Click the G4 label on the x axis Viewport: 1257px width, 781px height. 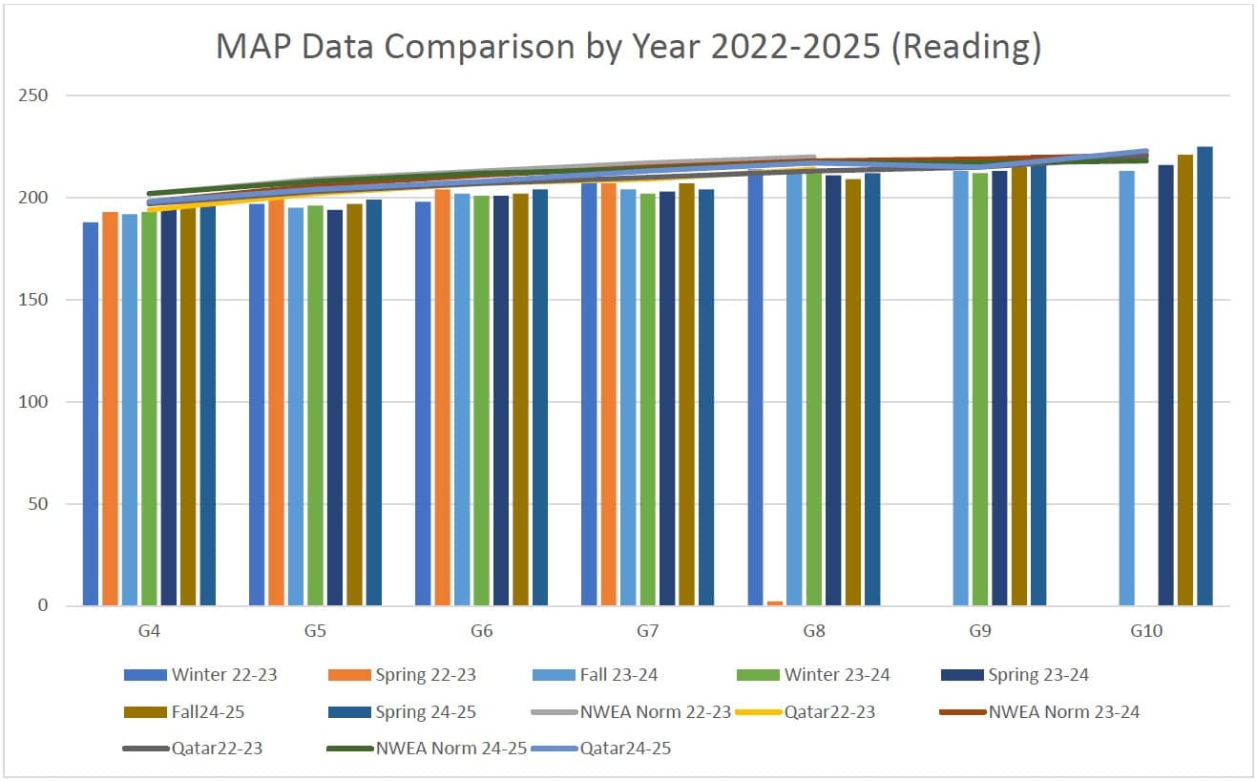click(x=149, y=631)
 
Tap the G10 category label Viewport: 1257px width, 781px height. click(x=1145, y=631)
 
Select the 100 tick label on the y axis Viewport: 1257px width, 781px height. click(x=35, y=402)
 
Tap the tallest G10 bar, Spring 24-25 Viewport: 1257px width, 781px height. click(x=1205, y=377)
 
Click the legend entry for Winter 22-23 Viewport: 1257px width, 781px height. click(x=223, y=675)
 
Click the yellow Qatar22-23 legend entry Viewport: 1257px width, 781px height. click(x=828, y=712)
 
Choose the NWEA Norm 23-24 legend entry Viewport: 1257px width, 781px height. click(x=1063, y=712)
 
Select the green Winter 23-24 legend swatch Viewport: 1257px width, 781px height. click(x=758, y=675)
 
